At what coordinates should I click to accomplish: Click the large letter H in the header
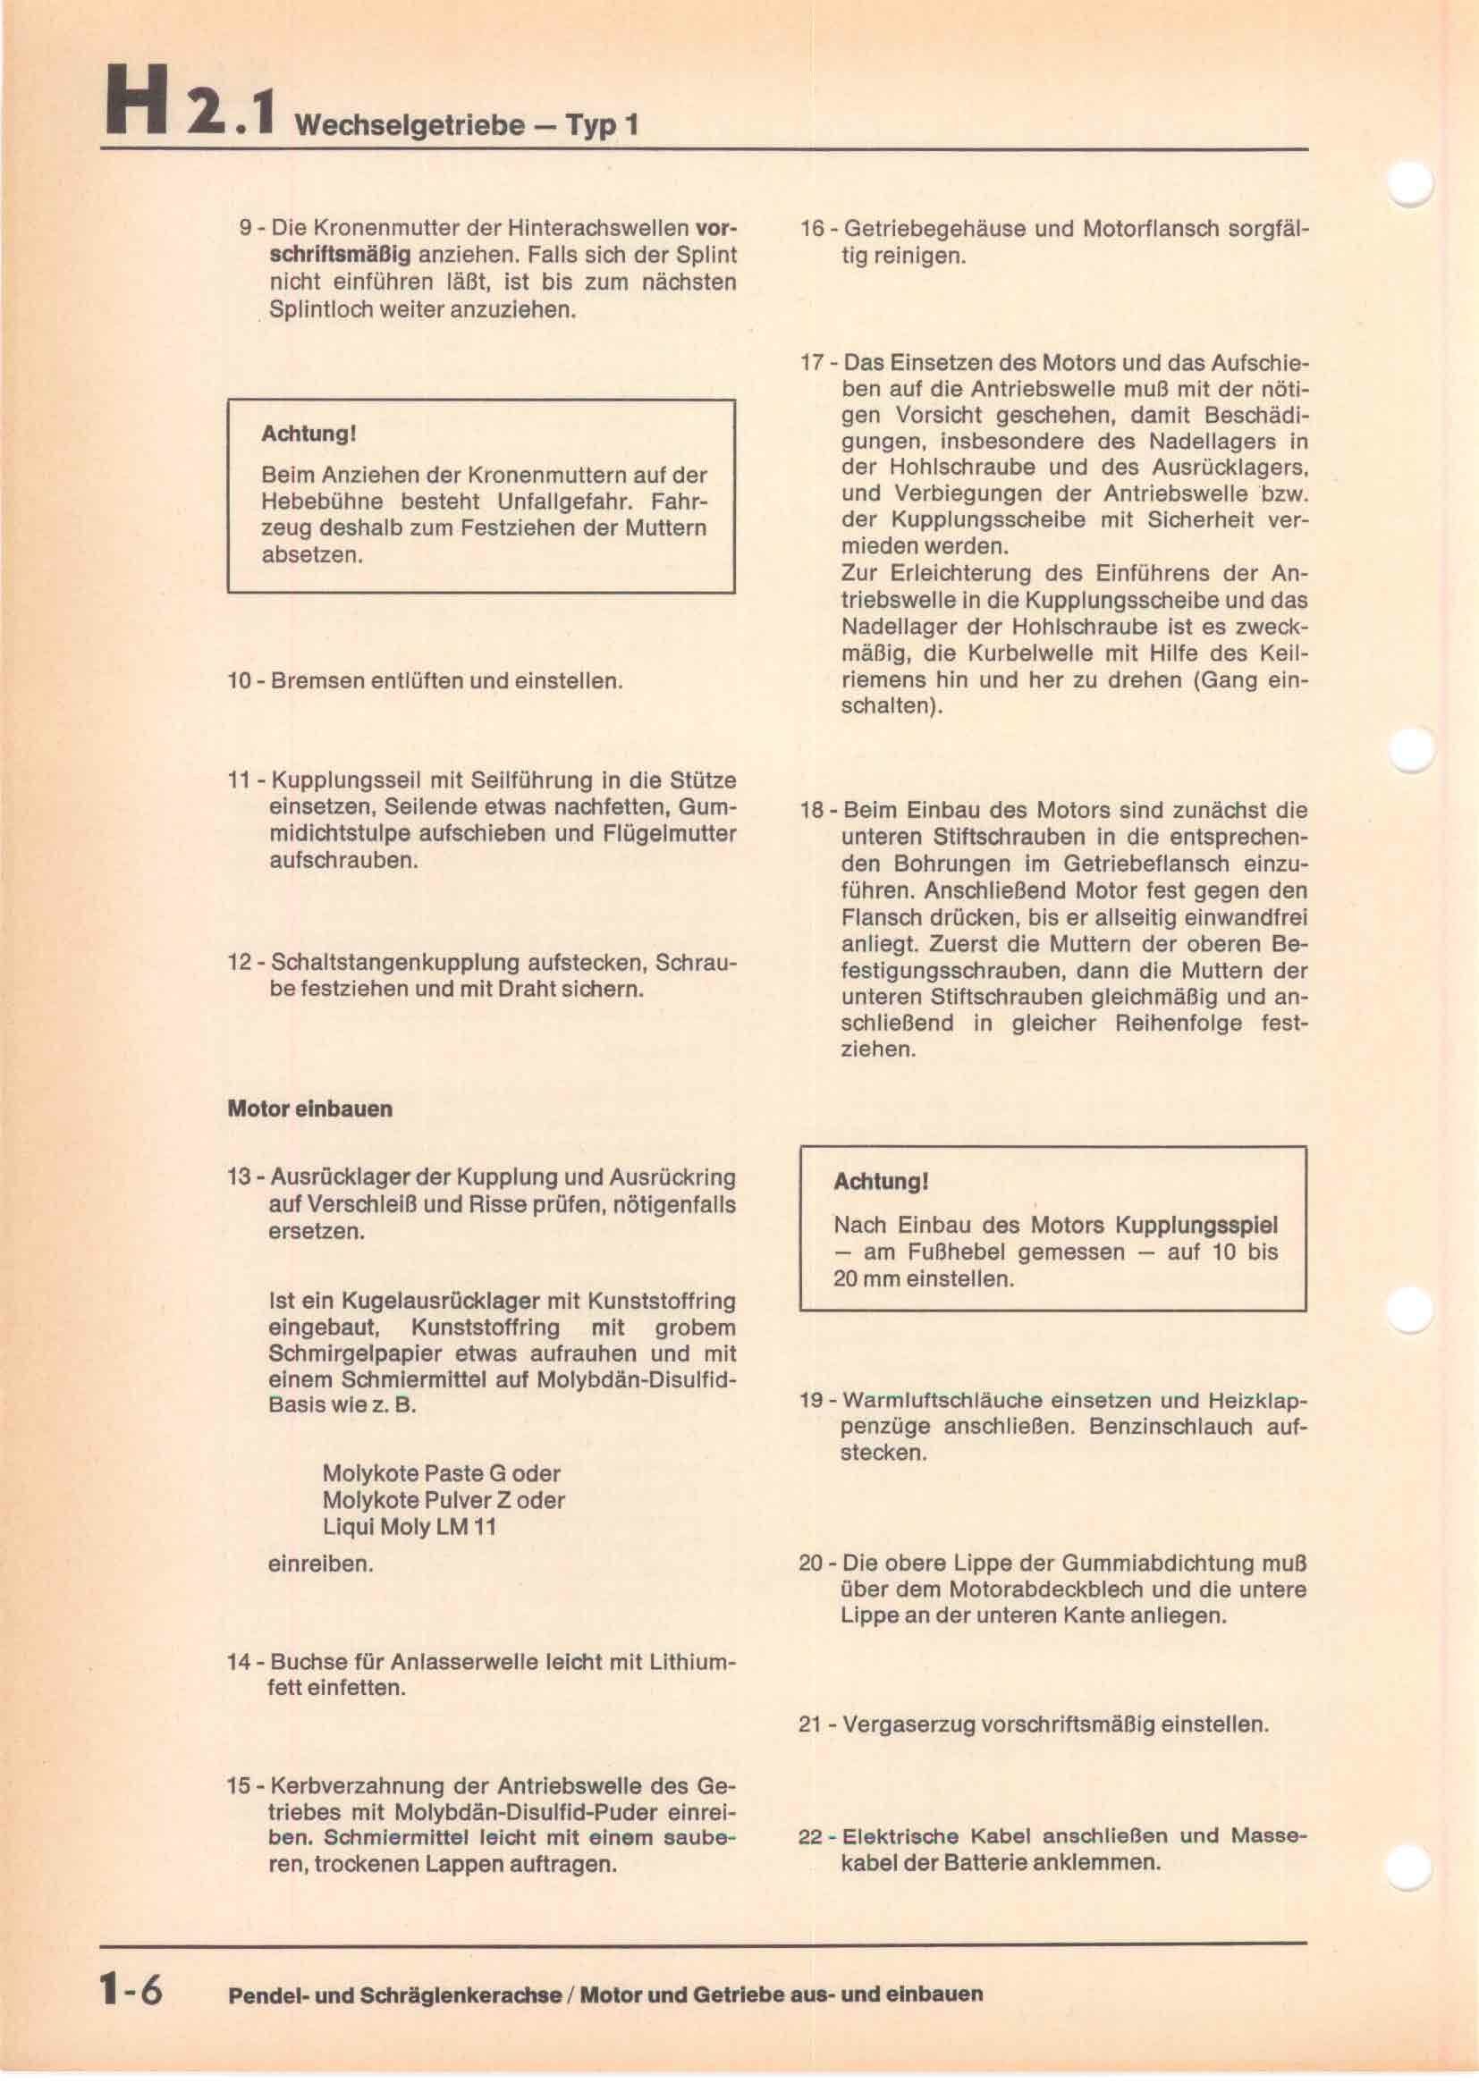pyautogui.click(x=137, y=101)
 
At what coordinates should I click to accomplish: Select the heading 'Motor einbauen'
pyautogui.click(x=309, y=1109)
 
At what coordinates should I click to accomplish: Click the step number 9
pyautogui.click(x=245, y=228)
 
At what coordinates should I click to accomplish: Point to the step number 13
pyautogui.click(x=239, y=1176)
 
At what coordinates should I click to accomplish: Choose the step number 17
pyautogui.click(x=811, y=362)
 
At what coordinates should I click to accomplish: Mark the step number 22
pyautogui.click(x=810, y=1835)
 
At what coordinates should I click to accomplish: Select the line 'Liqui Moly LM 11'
pyautogui.click(x=409, y=1526)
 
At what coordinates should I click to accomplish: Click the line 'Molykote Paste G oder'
pyautogui.click(x=441, y=1472)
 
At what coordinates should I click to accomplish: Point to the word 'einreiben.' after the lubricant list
pyautogui.click(x=321, y=1564)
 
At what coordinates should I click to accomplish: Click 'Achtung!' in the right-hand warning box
pyautogui.click(x=881, y=1182)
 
